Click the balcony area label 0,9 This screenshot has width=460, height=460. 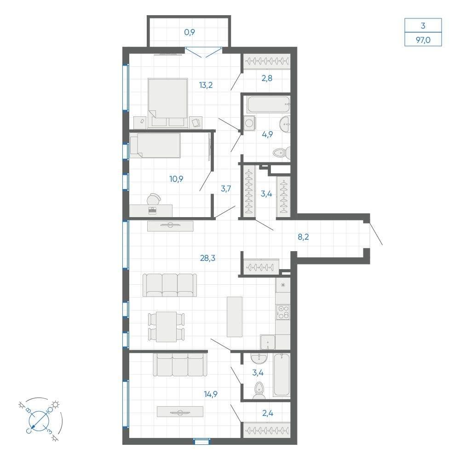(x=190, y=32)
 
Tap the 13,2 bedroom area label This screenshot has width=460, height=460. (x=206, y=85)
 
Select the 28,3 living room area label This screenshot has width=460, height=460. (x=207, y=258)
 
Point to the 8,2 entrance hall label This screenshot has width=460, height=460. (x=303, y=237)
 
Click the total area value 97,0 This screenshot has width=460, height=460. (x=423, y=40)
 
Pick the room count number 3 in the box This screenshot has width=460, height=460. (x=423, y=25)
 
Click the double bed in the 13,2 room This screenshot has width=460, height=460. (x=168, y=103)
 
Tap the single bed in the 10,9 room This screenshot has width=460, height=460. (x=155, y=145)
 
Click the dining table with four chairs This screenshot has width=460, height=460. (x=167, y=327)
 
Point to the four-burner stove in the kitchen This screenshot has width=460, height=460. (x=283, y=312)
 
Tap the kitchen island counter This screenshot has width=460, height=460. (x=235, y=316)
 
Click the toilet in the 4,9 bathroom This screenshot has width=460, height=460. (x=282, y=153)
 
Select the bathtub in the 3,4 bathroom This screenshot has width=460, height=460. (x=282, y=374)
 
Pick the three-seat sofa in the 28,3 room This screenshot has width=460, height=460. (x=170, y=285)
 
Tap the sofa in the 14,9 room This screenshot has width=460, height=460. (x=180, y=365)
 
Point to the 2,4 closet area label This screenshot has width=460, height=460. (x=268, y=413)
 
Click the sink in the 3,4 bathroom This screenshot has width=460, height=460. (x=259, y=358)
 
